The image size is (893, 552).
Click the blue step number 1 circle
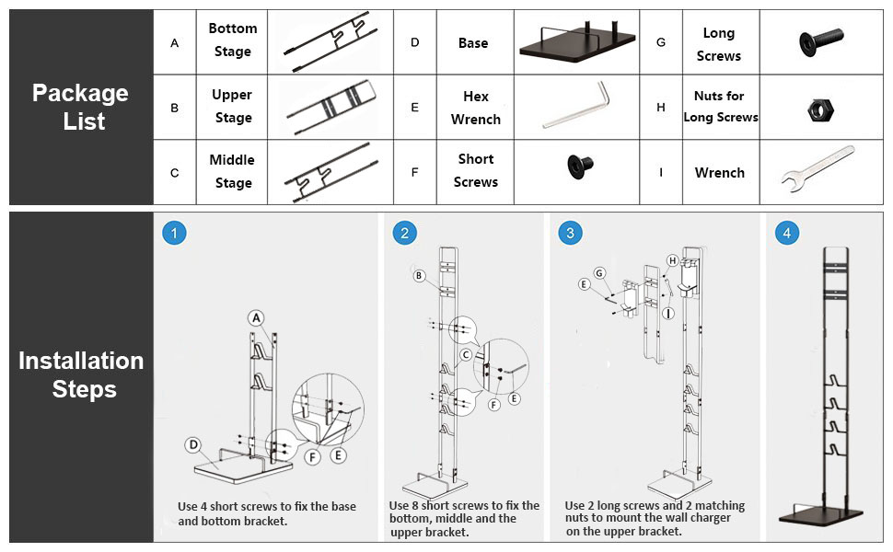pyautogui.click(x=174, y=233)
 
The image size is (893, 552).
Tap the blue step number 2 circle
pyautogui.click(x=404, y=233)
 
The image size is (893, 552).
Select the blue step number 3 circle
pyautogui.click(x=570, y=233)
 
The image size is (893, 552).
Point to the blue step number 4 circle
pyautogui.click(x=786, y=233)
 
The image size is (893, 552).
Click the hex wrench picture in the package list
pyautogui.click(x=575, y=105)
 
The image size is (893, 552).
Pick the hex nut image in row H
pyautogui.click(x=820, y=109)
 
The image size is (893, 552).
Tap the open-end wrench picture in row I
pyautogui.click(x=818, y=168)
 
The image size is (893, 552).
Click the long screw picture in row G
pyautogui.click(x=820, y=42)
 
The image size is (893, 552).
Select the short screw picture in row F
pyautogui.click(x=580, y=167)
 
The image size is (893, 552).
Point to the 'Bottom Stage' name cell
pyautogui.click(x=232, y=41)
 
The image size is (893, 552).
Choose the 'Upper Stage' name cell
pyautogui.click(x=232, y=107)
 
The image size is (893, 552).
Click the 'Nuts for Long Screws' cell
pyautogui.click(x=721, y=107)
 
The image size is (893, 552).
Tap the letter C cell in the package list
pyautogui.click(x=175, y=172)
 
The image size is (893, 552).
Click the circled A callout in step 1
pyautogui.click(x=256, y=317)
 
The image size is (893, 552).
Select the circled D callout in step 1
pyautogui.click(x=193, y=444)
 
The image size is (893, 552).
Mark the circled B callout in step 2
pyautogui.click(x=419, y=276)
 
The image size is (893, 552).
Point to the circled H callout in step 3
pyautogui.click(x=673, y=260)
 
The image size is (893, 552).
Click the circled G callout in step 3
pyautogui.click(x=599, y=273)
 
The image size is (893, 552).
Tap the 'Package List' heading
pyautogui.click(x=81, y=107)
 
